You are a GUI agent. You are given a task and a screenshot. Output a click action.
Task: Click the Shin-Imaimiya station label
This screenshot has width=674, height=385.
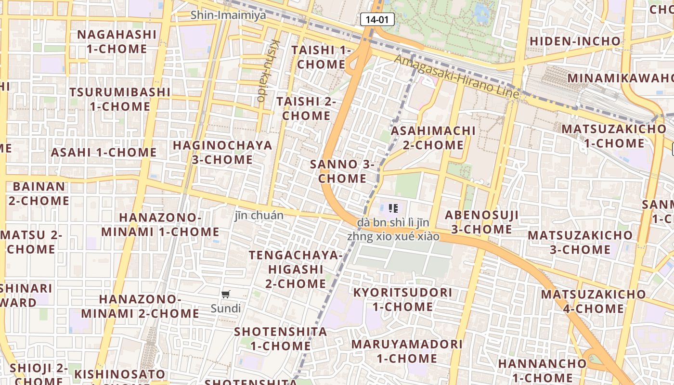click(x=228, y=15)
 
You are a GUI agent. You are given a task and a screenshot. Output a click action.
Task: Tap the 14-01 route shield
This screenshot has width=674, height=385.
click(x=377, y=19)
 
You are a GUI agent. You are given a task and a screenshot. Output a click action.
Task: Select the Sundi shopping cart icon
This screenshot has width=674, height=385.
click(x=226, y=294)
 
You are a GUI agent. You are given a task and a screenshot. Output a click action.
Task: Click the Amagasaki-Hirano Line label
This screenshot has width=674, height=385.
click(x=457, y=77)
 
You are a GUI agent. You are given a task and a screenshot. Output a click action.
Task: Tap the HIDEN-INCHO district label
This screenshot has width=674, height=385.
click(x=575, y=41)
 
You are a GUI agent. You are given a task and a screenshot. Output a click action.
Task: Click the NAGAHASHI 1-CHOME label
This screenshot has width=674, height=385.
click(x=117, y=41)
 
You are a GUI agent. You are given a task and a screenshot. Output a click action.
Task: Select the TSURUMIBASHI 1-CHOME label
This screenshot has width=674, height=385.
click(x=120, y=99)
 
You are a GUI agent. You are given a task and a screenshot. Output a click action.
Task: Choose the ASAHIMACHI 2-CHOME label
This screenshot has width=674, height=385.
click(x=433, y=138)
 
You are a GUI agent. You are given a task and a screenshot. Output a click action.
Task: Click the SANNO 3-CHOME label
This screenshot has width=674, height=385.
click(x=342, y=171)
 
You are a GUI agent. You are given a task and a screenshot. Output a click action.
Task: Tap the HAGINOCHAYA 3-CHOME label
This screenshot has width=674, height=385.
click(x=222, y=152)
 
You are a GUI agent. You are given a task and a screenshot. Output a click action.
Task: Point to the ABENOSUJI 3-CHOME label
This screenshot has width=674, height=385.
click(x=481, y=222)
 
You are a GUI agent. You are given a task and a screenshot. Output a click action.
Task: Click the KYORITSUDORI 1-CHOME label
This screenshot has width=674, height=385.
click(x=403, y=299)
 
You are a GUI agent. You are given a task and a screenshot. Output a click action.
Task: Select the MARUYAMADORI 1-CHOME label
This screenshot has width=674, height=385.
click(x=407, y=351)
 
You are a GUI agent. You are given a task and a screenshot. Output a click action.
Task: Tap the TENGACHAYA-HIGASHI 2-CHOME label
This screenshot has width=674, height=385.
click(x=296, y=269)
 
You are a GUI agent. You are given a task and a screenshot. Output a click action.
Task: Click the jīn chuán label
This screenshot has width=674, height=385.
click(x=259, y=215)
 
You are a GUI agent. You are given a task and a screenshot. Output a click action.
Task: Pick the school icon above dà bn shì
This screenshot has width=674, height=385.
click(x=393, y=208)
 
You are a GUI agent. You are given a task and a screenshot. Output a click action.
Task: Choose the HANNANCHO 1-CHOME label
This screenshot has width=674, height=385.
click(x=542, y=370)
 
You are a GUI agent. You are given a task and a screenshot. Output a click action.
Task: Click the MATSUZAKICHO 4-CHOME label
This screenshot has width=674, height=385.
click(x=593, y=301)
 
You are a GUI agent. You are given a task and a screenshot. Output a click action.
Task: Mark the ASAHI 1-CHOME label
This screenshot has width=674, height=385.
click(x=104, y=153)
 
